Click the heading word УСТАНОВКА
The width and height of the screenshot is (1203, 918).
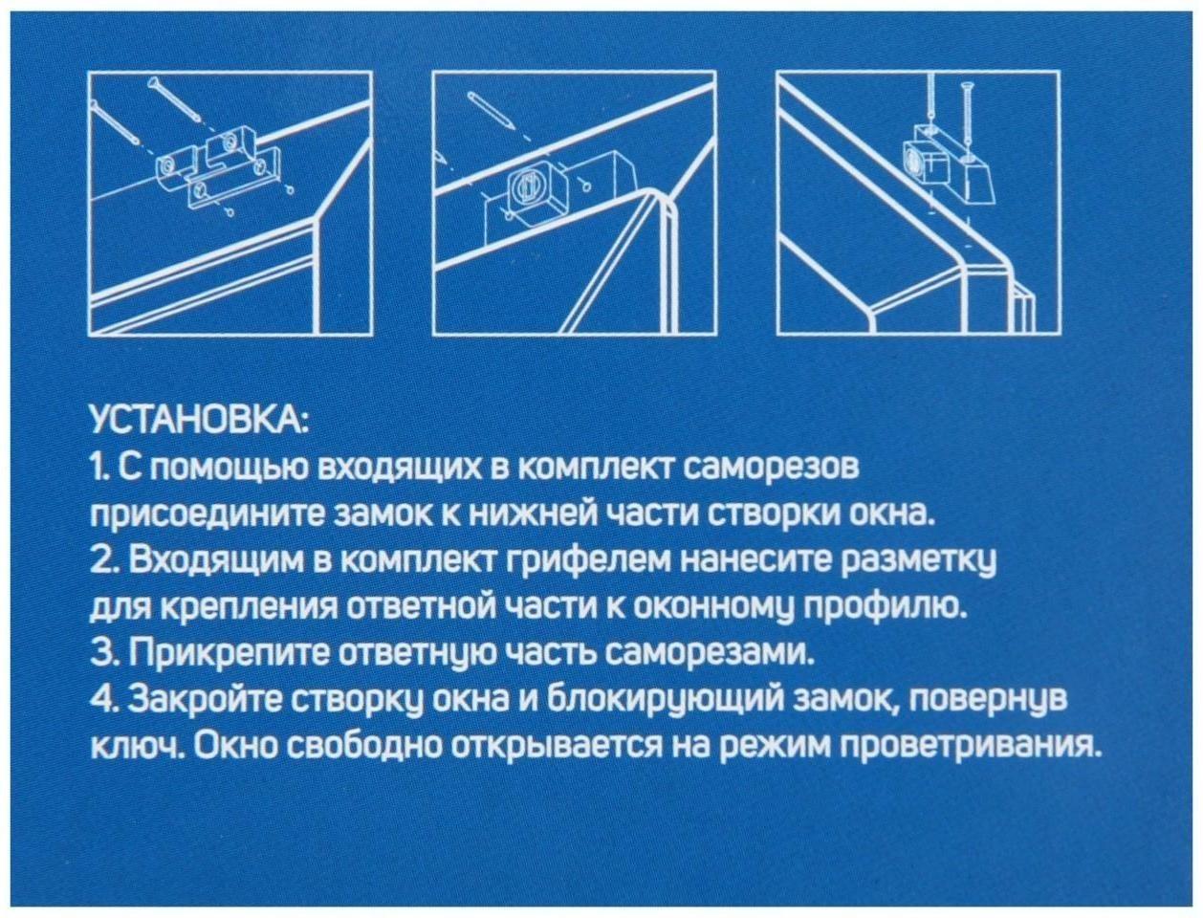[x=197, y=421]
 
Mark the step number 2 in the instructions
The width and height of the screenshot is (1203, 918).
[x=101, y=560]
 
